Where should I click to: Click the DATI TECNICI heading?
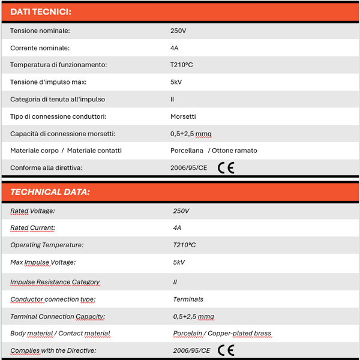coord(41,12)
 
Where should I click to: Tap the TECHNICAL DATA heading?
coord(50,192)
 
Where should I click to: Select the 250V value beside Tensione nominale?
coord(178,31)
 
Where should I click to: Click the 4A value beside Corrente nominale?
coord(175,48)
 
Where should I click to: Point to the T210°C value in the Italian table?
coord(182,65)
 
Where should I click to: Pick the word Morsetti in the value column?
coord(183,116)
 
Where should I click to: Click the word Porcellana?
coord(187,151)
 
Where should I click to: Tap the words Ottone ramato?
coord(235,151)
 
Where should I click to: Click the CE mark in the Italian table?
coord(226,168)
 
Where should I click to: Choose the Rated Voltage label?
coord(32,211)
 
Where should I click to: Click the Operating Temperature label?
coord(47,245)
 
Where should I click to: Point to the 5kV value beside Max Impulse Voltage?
coord(179,262)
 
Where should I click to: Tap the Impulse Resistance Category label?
coord(55,282)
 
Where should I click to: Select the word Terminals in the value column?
coord(188,299)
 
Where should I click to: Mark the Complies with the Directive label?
coord(53,350)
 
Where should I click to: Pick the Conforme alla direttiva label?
coord(46,168)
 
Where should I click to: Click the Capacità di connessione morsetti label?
coord(63,134)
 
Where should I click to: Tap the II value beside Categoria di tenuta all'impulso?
coord(172,100)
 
